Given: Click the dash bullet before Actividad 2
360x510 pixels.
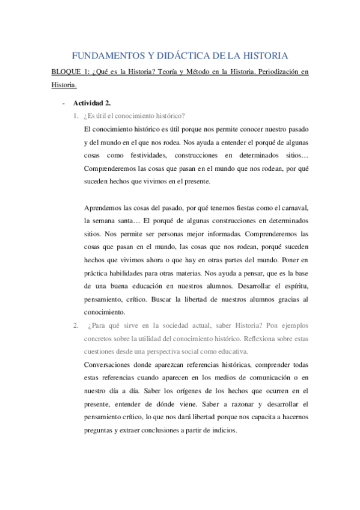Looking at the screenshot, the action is (63, 103).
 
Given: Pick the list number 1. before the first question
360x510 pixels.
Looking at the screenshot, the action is (75, 116).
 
